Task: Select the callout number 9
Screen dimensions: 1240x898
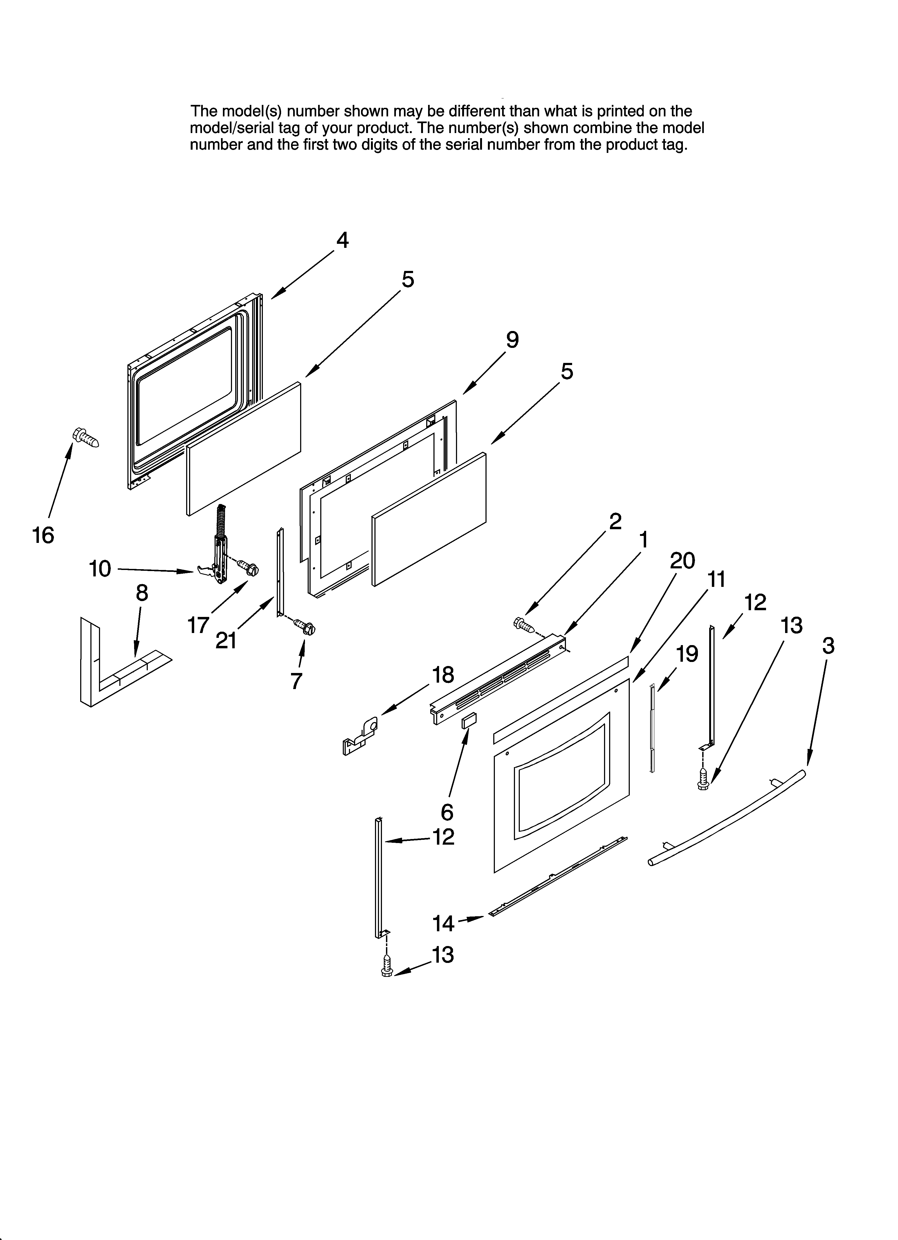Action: click(x=512, y=340)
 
